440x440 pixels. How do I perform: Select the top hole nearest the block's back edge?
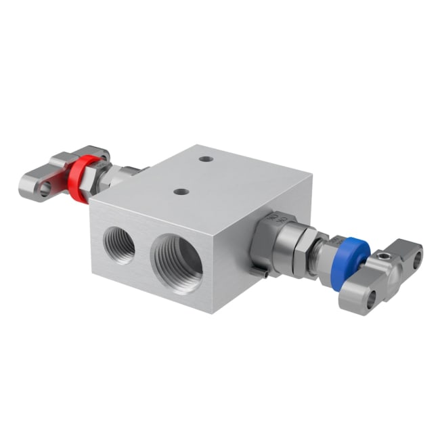click(x=206, y=159)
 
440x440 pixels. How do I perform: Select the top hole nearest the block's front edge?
click(x=181, y=192)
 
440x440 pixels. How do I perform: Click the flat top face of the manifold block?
click(x=203, y=179)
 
